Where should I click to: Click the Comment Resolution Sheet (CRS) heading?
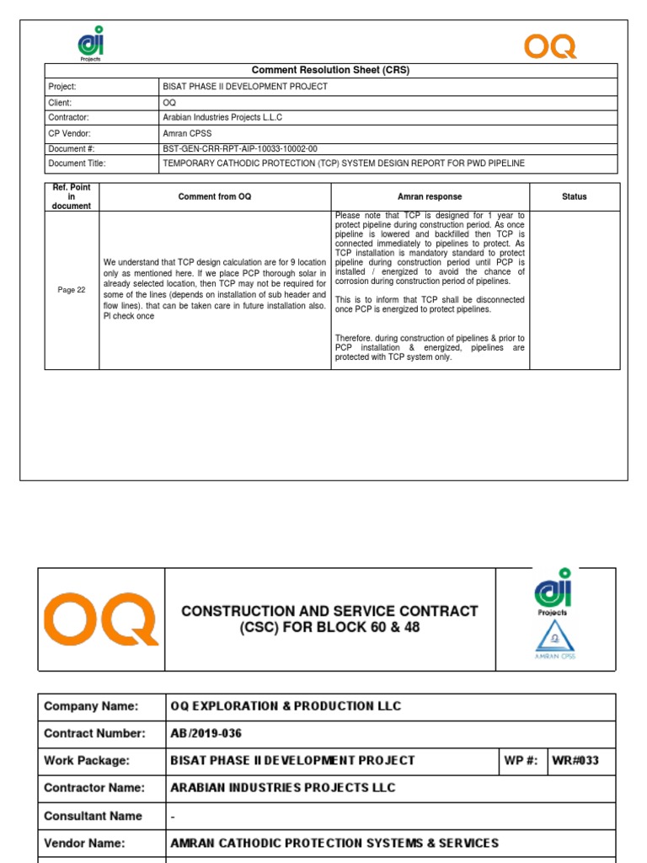330,71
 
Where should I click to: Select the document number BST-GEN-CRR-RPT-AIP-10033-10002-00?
240,148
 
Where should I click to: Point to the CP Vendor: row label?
68,133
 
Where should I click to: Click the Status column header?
574,196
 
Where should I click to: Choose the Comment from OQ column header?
214,196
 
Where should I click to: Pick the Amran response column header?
430,196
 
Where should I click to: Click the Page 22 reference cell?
72,290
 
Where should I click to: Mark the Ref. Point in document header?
72,196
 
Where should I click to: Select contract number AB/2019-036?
206,733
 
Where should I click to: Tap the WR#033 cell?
575,760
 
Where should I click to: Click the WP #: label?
521,760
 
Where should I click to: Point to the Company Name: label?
91,706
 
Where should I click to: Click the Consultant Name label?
93,816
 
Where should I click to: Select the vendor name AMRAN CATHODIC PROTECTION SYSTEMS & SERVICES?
334,843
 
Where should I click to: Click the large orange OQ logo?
100,619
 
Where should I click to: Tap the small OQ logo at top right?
550,46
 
